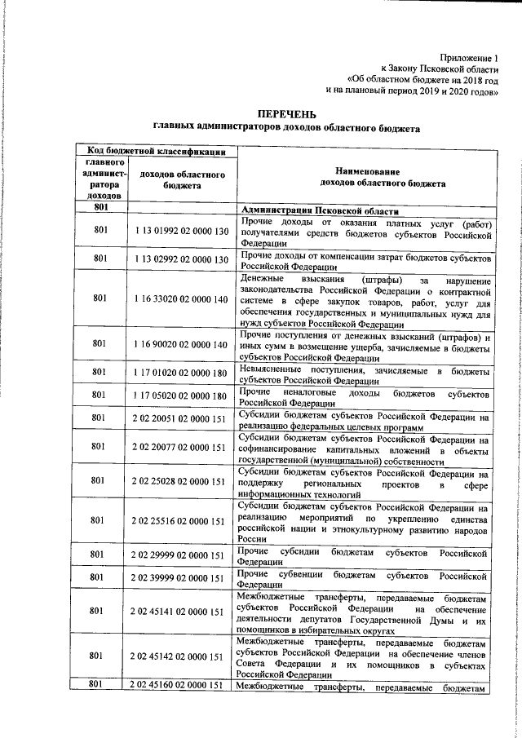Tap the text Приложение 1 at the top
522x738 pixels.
468,58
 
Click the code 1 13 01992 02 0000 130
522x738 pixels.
182,232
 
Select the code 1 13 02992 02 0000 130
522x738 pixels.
182,259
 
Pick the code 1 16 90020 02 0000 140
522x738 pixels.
182,345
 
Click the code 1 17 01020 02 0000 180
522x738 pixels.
182,372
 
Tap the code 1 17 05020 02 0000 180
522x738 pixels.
182,396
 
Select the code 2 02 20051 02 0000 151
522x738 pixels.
182,418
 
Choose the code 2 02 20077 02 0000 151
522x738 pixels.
182,447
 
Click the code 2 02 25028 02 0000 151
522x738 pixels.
182,481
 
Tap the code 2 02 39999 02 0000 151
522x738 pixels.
182,578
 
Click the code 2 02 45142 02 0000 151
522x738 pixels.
182,656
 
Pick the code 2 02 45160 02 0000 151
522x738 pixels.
182,685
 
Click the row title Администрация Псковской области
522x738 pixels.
330,210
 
